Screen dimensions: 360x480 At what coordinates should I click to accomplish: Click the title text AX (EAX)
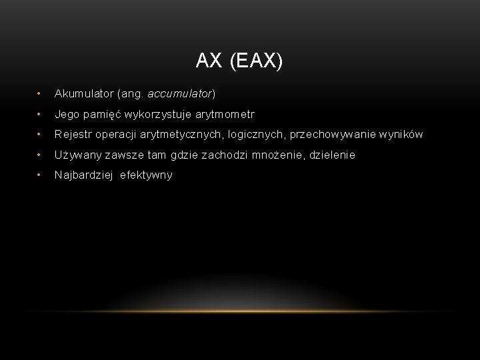[239, 61]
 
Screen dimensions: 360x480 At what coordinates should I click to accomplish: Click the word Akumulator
[83, 94]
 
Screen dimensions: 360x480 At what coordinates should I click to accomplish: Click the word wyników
[398, 135]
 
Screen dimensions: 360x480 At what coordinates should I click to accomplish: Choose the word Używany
[78, 155]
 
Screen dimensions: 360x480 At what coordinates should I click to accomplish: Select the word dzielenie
[331, 155]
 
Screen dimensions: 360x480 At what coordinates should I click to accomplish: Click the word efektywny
[146, 175]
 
